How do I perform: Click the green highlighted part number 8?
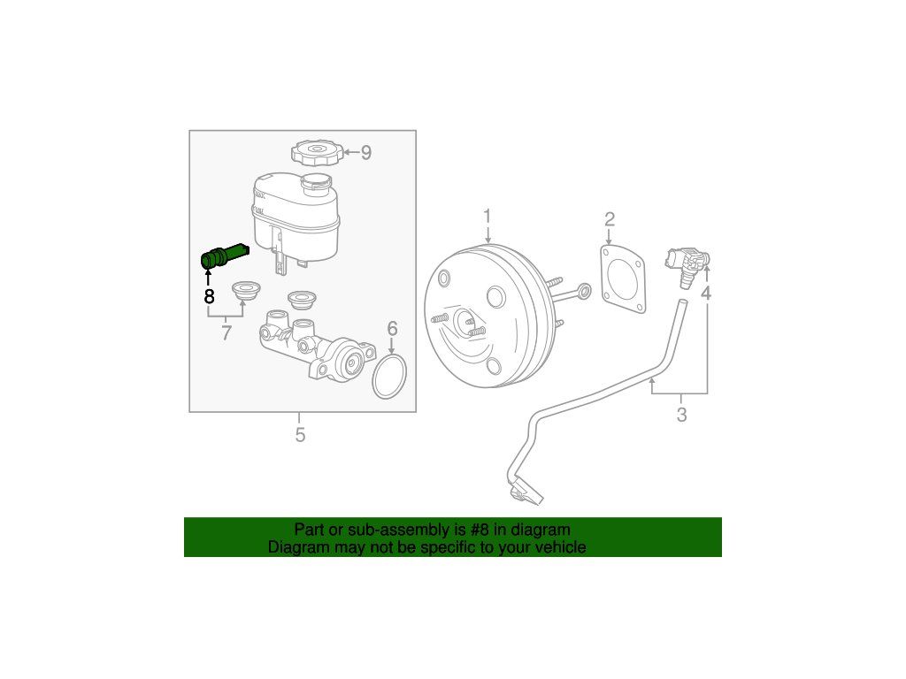coord(222,256)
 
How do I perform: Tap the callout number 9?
coord(365,152)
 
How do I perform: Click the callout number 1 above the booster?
coord(488,217)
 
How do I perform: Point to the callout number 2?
coord(610,219)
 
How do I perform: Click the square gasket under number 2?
coord(623,278)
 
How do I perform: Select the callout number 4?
coord(705,294)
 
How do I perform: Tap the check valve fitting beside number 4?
coord(687,265)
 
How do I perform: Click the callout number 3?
coord(681,415)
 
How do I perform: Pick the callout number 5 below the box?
coord(300,435)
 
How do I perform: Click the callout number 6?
coord(392,329)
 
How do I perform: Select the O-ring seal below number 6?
coord(389,377)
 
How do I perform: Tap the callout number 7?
coord(226,332)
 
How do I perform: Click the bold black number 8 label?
coord(209,297)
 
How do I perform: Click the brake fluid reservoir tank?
coord(296,219)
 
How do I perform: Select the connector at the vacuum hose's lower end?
coord(525,492)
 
